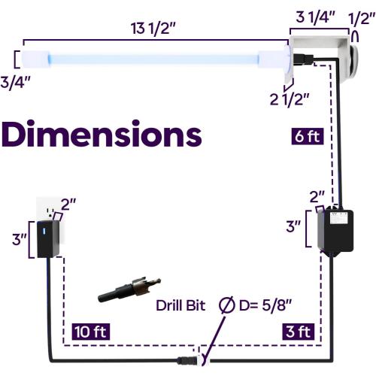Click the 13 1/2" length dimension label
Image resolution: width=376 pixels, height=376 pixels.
tap(153, 29)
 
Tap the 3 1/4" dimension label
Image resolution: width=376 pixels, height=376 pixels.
tap(315, 18)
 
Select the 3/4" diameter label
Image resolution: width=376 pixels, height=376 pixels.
tap(15, 82)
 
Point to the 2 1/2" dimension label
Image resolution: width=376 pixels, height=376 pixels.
tap(290, 99)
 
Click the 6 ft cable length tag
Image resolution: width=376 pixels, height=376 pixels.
tap(308, 136)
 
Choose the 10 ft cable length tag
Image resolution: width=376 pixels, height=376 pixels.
tap(91, 332)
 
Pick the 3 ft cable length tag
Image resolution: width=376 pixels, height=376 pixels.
tap(299, 332)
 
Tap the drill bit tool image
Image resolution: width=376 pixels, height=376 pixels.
tap(129, 290)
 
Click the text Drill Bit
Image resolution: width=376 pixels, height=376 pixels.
tap(180, 305)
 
